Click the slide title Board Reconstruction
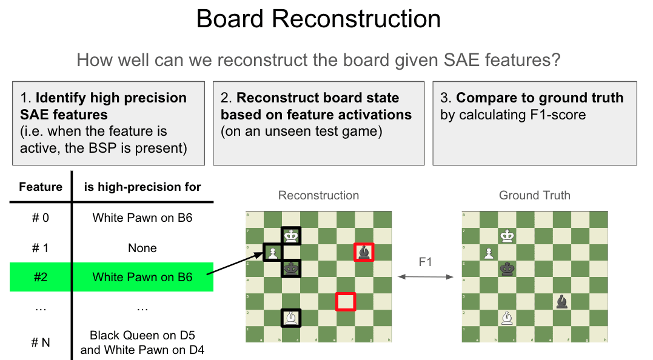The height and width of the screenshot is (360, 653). pyautogui.click(x=318, y=20)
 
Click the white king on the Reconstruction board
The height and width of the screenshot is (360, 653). pyautogui.click(x=291, y=236)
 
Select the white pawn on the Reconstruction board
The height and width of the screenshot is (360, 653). pyautogui.click(x=273, y=253)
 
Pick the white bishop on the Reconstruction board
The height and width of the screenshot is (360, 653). pyautogui.click(x=291, y=318)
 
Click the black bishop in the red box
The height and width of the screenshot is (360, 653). pyautogui.click(x=364, y=252)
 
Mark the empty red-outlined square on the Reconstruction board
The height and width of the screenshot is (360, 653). pyautogui.click(x=346, y=301)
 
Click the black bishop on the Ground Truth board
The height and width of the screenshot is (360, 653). pyautogui.click(x=562, y=301)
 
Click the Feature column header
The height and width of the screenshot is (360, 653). pyautogui.click(x=41, y=187)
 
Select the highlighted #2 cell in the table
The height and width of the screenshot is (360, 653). pyautogui.click(x=41, y=277)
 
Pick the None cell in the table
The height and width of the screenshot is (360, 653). pyautogui.click(x=142, y=248)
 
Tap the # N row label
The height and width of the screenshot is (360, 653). pyautogui.click(x=41, y=342)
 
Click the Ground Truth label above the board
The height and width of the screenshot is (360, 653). pyautogui.click(x=534, y=195)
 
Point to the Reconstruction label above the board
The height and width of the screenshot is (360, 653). pyautogui.click(x=318, y=195)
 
